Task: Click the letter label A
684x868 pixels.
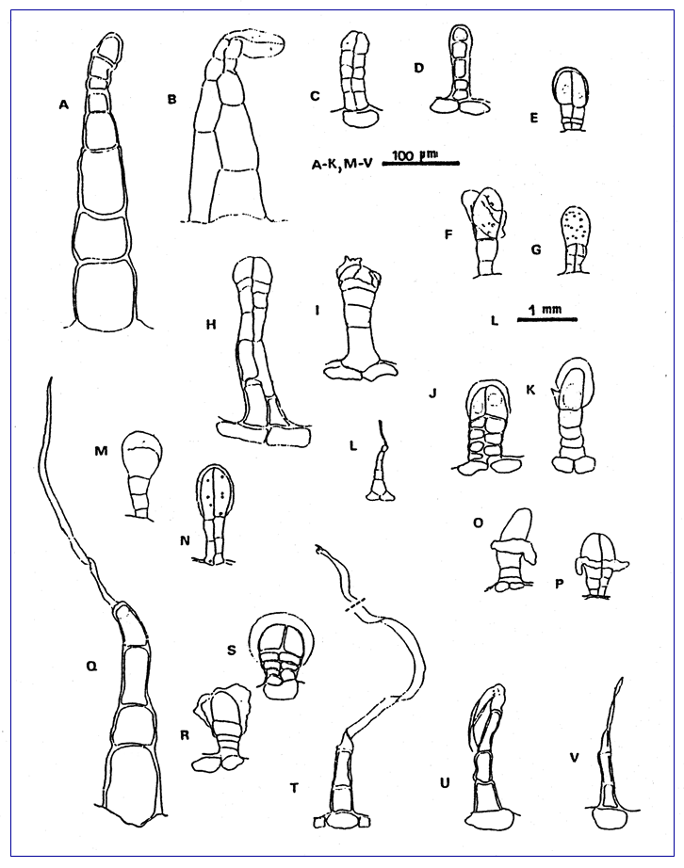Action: tap(64, 104)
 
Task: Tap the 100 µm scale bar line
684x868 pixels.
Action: tap(421, 163)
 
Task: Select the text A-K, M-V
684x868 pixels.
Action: tap(342, 164)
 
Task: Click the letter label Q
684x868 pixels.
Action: tap(91, 667)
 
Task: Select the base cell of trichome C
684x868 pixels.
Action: tap(361, 118)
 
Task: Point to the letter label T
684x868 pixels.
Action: tap(294, 787)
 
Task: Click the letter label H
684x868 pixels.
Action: tap(210, 325)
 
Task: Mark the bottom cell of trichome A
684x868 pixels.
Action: tap(105, 297)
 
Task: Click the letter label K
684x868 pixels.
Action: tap(530, 390)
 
